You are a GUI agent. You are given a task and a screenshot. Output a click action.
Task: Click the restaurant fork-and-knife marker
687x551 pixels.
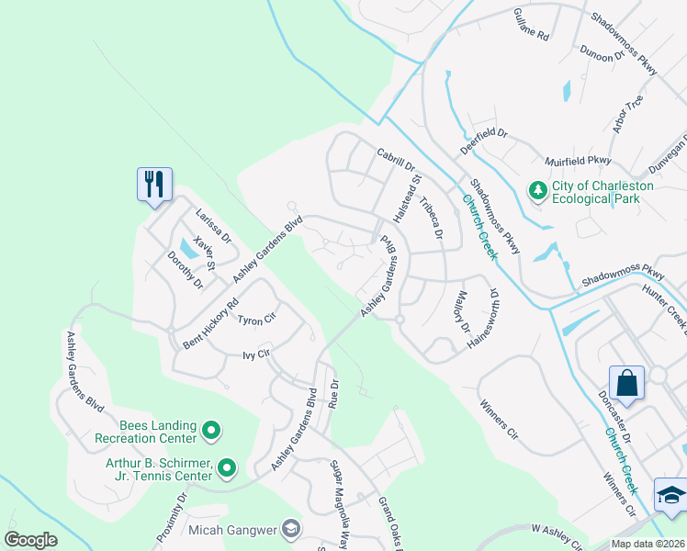[153, 184]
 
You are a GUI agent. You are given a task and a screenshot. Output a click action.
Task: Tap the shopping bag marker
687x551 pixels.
[626, 384]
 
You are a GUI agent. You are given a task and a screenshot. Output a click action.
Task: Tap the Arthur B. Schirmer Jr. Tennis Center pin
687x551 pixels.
[226, 469]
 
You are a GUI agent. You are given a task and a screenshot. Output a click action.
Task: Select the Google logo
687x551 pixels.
[31, 540]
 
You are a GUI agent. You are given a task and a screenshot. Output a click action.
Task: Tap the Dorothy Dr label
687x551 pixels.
[186, 270]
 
